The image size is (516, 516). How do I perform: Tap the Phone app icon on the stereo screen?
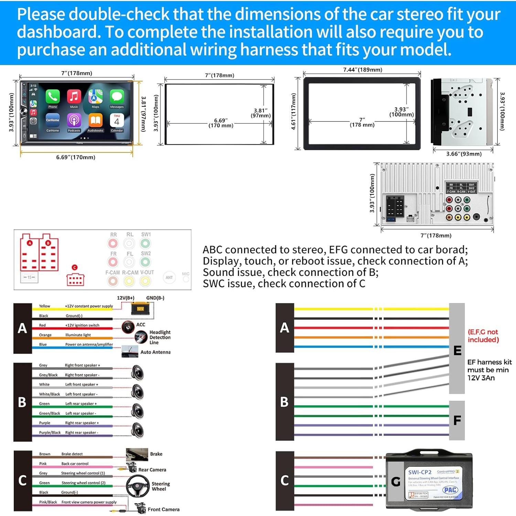pos(53,97)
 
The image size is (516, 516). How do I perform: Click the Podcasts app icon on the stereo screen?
pos(74,120)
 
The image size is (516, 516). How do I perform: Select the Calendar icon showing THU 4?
pos(117,120)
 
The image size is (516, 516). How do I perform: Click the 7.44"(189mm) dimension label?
pos(363,70)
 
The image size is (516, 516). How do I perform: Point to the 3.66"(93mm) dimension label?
pos(464,154)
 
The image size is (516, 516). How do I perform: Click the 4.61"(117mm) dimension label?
pos(293,111)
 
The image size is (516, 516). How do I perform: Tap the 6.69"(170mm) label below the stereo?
pos(76,157)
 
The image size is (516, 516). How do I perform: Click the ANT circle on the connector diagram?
pos(169,278)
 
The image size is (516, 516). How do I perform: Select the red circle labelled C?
pos(75,267)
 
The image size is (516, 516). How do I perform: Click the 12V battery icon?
pos(140,308)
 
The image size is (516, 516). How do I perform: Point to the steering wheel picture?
pos(138,486)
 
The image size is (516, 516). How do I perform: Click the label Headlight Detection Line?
pos(160,337)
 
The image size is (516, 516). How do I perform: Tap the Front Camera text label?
pos(163,509)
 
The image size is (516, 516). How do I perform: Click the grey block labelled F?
pos(457,420)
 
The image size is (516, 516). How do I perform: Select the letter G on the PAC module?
pos(396,481)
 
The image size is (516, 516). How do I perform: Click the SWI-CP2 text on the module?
pos(420,472)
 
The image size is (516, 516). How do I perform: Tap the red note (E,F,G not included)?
pos(483,336)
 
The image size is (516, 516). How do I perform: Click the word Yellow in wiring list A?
pos(44,306)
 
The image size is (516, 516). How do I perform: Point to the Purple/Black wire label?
pos(50,432)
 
